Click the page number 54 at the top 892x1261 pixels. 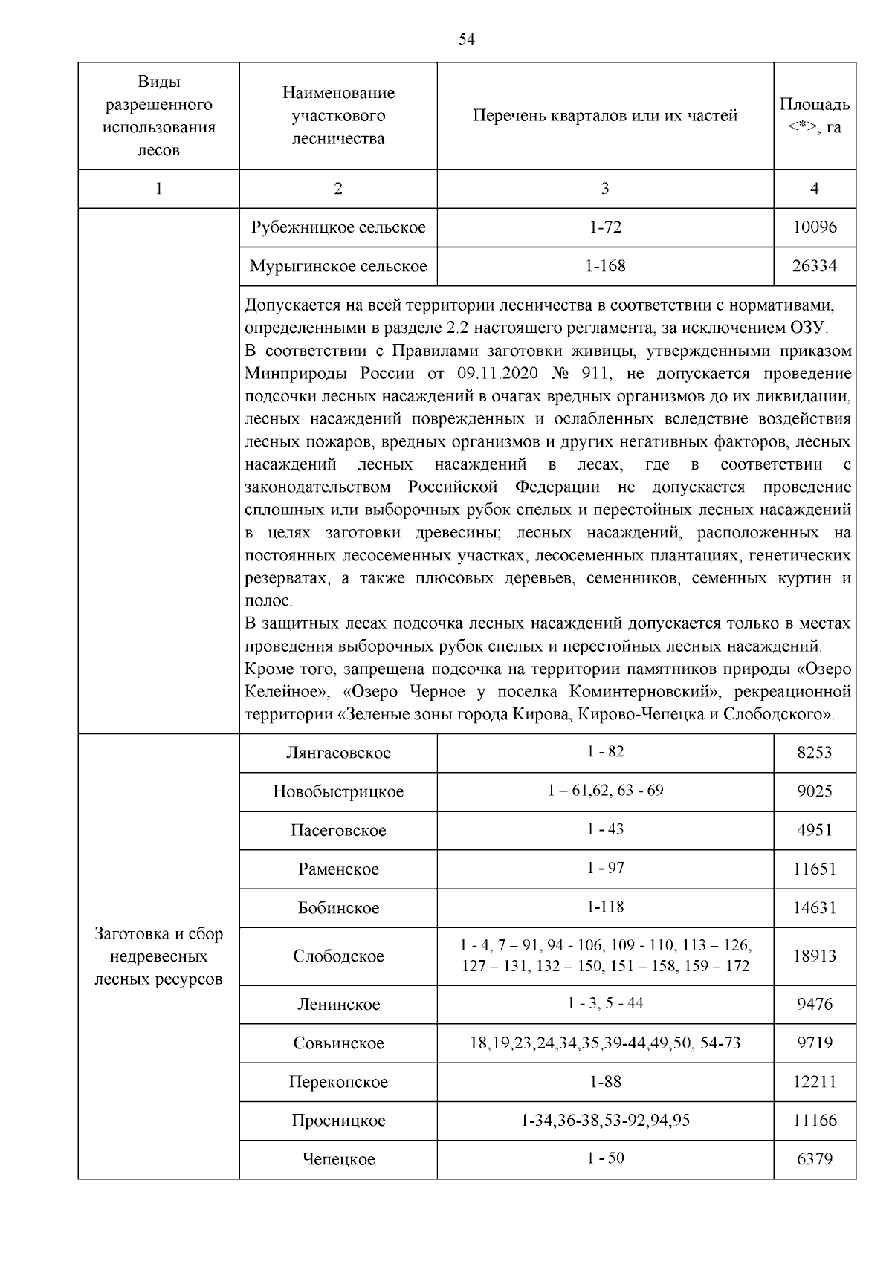[x=467, y=40]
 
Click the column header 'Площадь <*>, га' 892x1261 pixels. [x=814, y=115]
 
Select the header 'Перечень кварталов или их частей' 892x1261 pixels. [x=604, y=116]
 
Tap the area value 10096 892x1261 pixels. [x=814, y=227]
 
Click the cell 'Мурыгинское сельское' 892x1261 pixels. [x=338, y=266]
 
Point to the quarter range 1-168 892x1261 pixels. [x=604, y=266]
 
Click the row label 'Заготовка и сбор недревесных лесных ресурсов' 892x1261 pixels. [x=158, y=956]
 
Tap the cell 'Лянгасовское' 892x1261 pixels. [x=338, y=753]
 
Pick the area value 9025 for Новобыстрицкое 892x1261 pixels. [x=814, y=791]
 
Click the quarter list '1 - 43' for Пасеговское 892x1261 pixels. [x=604, y=829]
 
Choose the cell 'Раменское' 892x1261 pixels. [x=338, y=869]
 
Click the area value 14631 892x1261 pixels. [x=814, y=908]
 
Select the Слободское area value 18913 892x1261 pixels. [x=814, y=956]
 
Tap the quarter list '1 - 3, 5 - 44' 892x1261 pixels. [x=604, y=1004]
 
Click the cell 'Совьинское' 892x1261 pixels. [x=338, y=1043]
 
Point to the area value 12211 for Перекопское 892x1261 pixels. [x=814, y=1082]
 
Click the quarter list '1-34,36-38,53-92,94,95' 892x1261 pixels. [x=604, y=1121]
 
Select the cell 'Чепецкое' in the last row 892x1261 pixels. [x=338, y=1159]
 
